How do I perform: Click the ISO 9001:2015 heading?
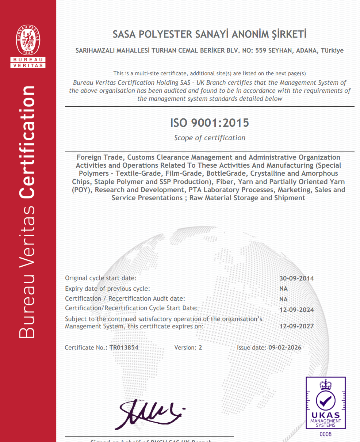210,123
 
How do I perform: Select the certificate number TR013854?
124,347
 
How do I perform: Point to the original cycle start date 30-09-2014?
296,278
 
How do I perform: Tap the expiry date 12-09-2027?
296,326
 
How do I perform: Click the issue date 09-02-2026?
285,347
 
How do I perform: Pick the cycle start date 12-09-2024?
296,310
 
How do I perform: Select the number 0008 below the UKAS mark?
325,434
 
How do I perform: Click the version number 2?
200,347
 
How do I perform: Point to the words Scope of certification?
210,138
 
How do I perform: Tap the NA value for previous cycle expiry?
283,289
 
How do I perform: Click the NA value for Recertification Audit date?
283,299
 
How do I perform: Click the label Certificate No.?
86,347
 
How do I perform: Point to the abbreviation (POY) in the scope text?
82,190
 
